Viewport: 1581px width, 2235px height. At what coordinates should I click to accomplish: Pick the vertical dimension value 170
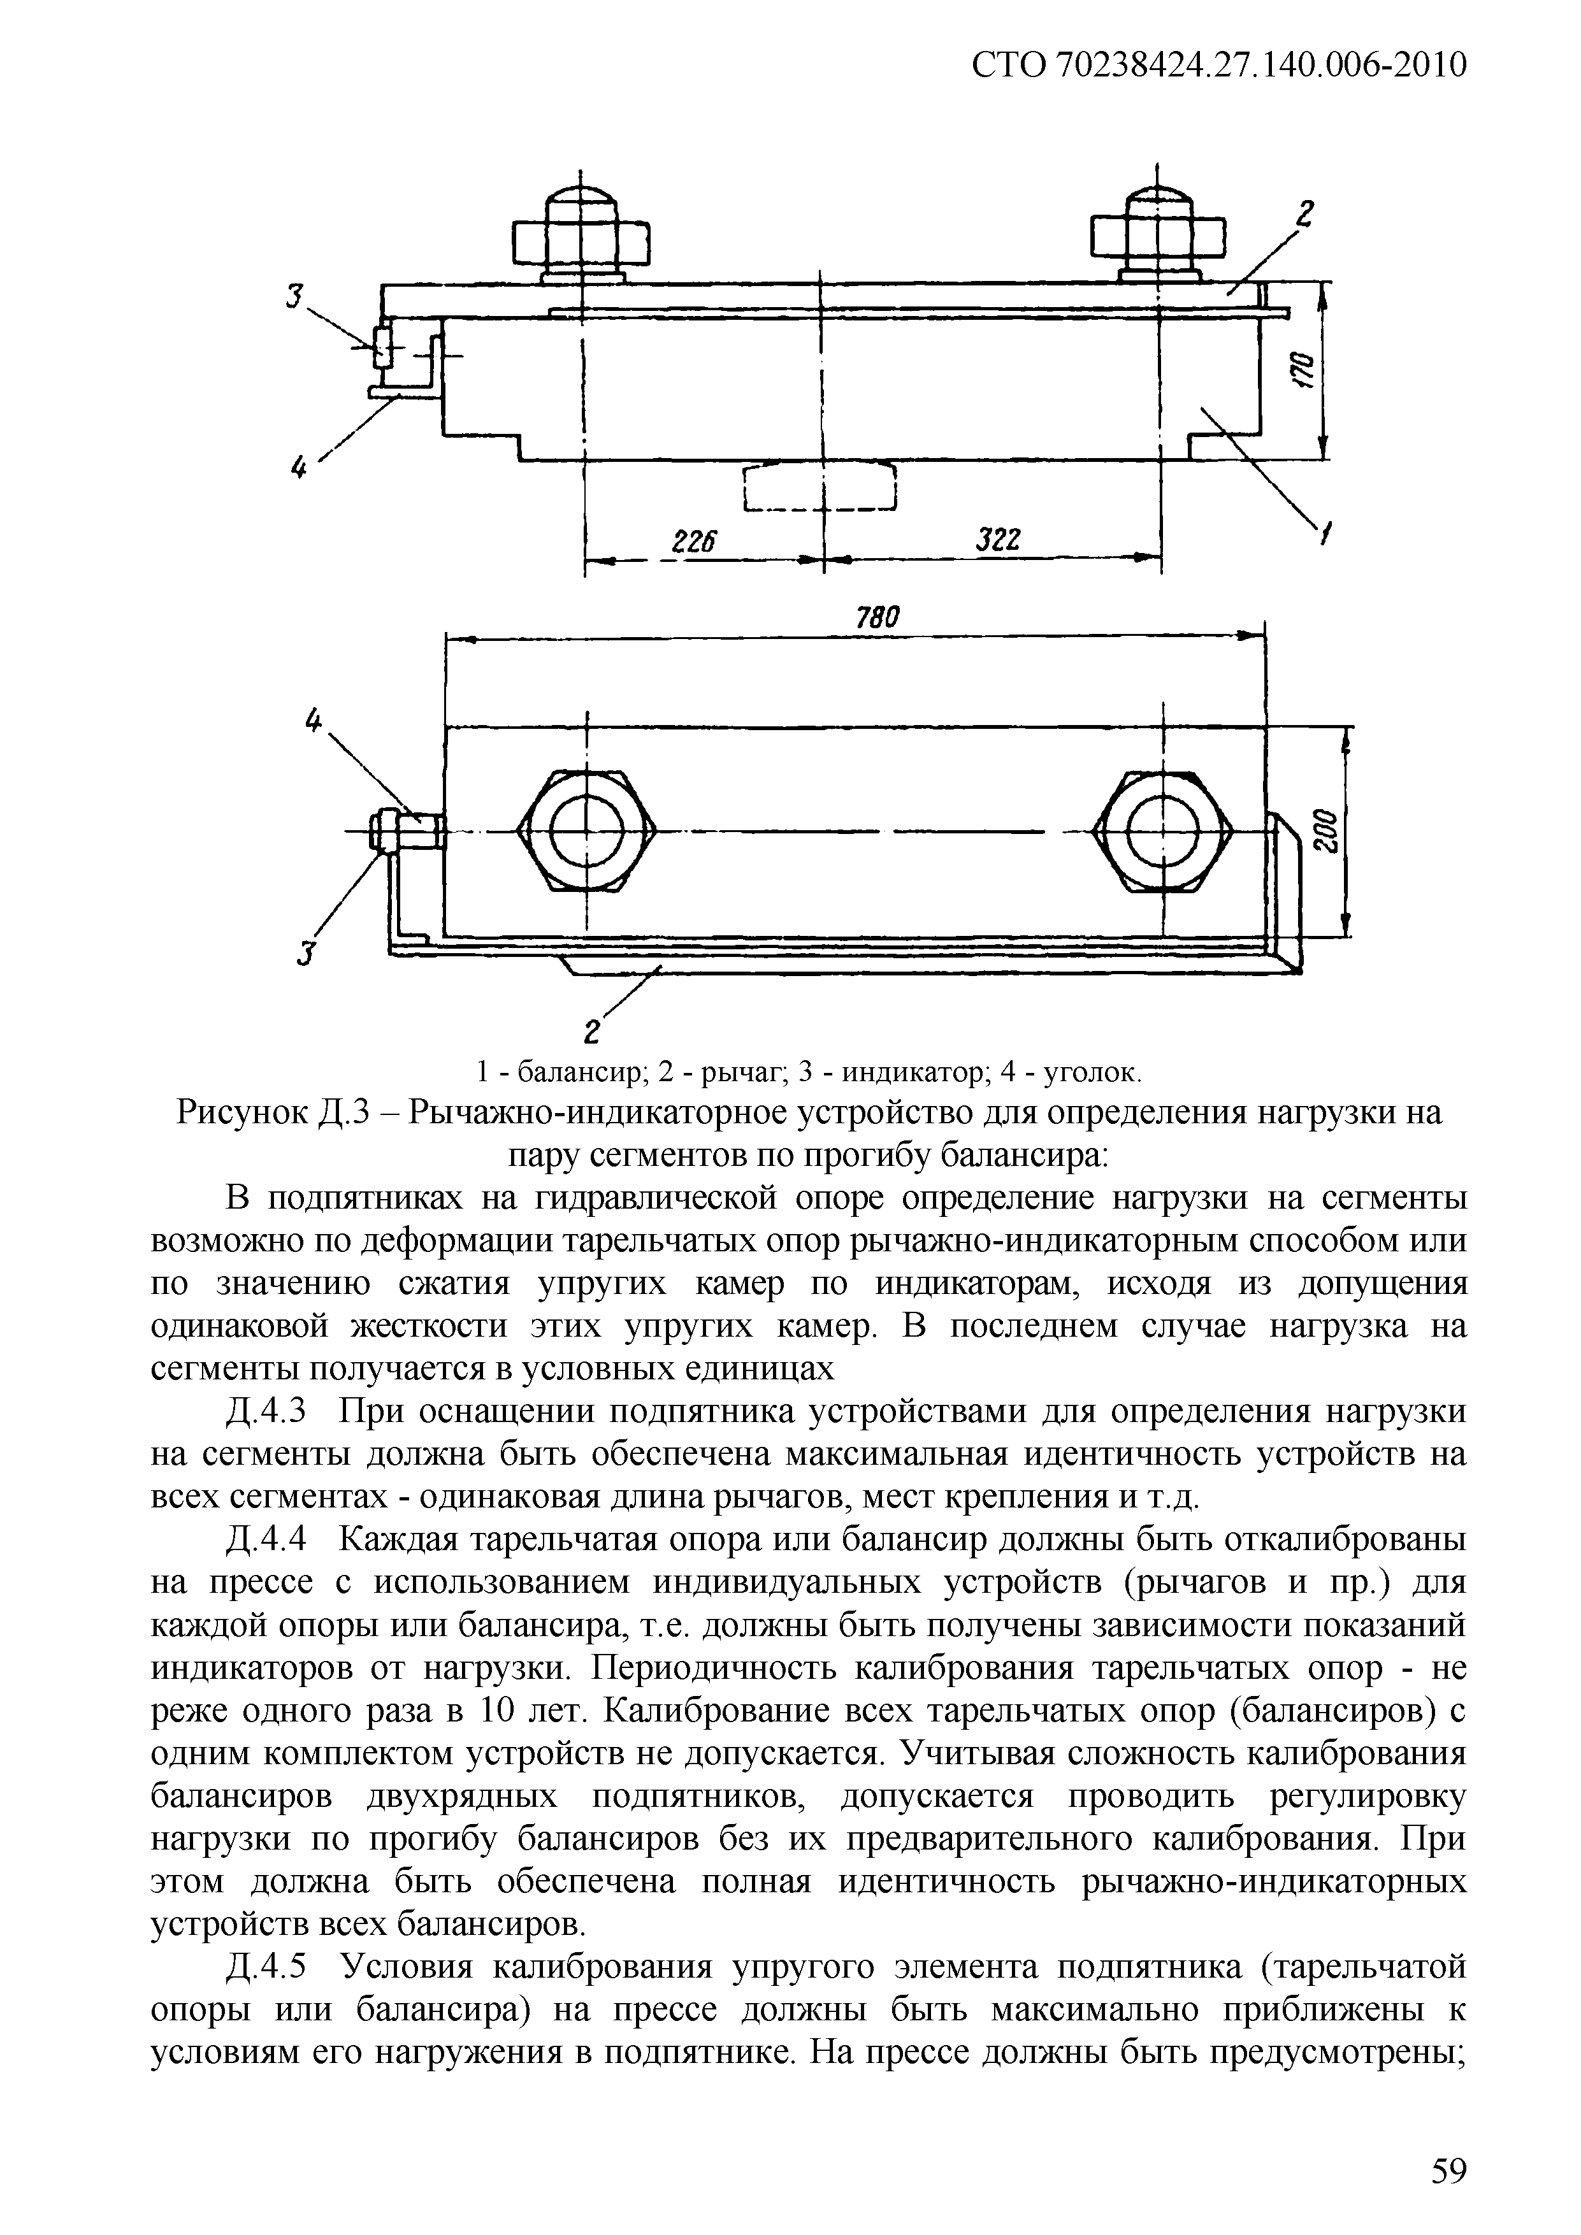[x=1304, y=370]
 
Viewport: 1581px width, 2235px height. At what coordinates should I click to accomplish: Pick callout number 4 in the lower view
[x=312, y=721]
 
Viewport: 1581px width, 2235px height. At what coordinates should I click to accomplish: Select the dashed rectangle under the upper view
[x=819, y=487]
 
